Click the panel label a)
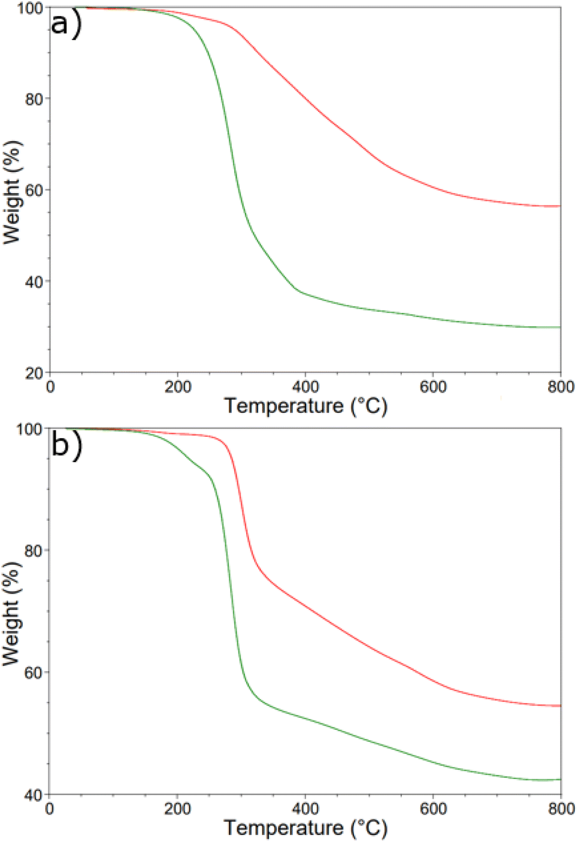(x=65, y=25)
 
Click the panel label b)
(x=65, y=445)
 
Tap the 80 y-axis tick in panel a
(x=34, y=99)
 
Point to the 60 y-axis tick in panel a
(x=34, y=190)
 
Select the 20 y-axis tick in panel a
(x=34, y=373)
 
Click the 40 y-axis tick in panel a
(x=34, y=282)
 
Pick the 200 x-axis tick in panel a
(x=178, y=387)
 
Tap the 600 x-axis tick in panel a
(x=433, y=387)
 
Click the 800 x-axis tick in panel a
(x=561, y=387)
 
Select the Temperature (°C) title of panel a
(x=306, y=406)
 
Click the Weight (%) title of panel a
(x=12, y=192)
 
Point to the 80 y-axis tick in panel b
(x=34, y=550)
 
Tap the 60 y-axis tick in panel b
(x=34, y=672)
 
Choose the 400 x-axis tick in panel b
(x=305, y=809)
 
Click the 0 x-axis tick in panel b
(x=50, y=809)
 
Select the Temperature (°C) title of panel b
(x=306, y=828)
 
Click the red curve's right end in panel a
(x=560, y=206)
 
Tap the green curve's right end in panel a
(x=560, y=327)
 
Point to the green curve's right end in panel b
(x=560, y=780)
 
